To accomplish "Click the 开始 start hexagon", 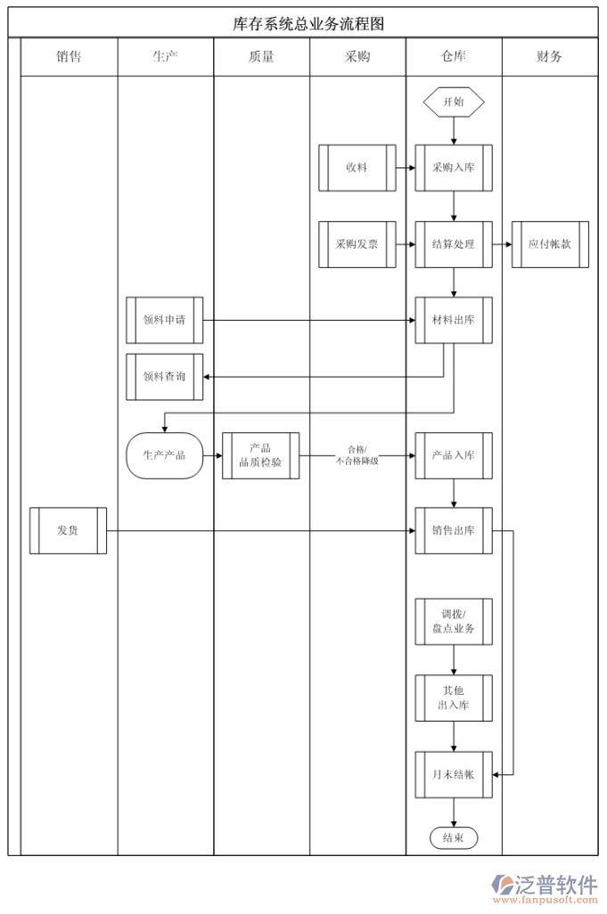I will click(454, 102).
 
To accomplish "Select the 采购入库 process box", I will click(454, 167).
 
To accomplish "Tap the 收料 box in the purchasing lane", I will click(357, 167).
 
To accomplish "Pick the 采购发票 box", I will click(357, 244).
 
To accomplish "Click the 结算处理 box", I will click(454, 244).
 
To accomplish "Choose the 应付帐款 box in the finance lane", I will click(550, 244).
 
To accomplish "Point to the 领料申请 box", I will click(165, 320).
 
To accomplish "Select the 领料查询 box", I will click(165, 377).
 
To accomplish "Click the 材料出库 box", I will click(454, 320).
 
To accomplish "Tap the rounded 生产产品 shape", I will click(165, 455).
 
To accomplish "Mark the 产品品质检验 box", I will click(260, 455).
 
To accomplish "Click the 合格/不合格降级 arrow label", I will click(357, 455).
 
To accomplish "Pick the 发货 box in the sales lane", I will click(68, 530).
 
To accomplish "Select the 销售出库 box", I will click(454, 530).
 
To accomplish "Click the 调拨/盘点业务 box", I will click(454, 622).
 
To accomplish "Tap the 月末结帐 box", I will click(454, 774).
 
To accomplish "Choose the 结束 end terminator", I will click(454, 838).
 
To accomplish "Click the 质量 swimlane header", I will click(261, 57).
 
